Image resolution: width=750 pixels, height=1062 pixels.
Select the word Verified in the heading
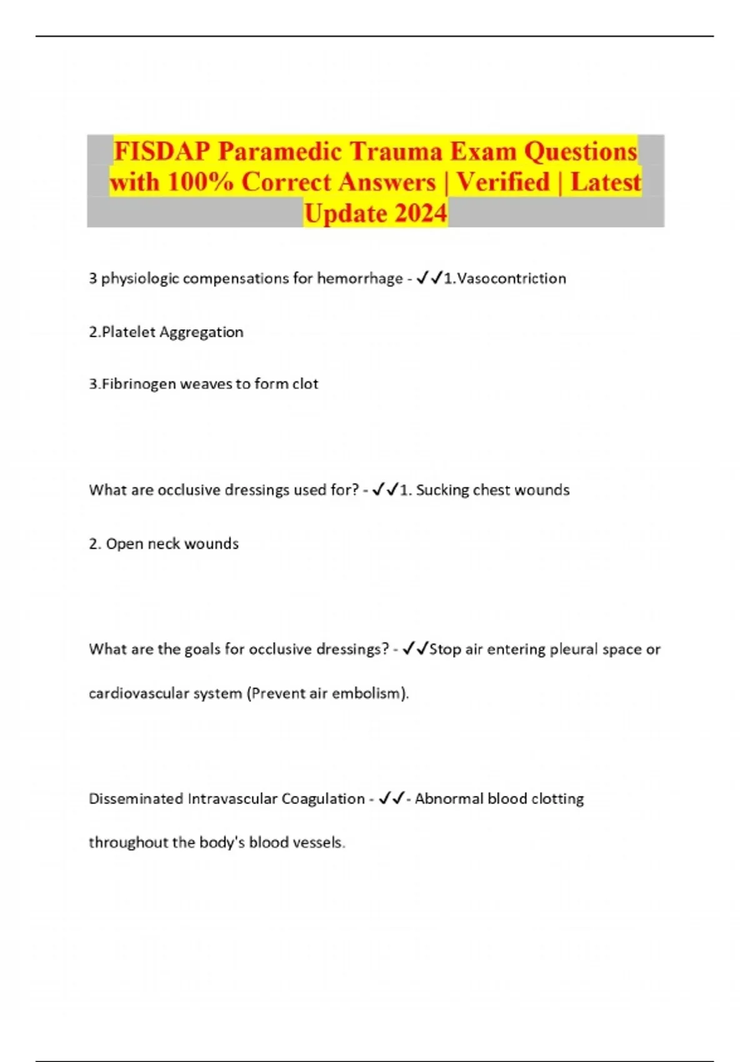(x=503, y=182)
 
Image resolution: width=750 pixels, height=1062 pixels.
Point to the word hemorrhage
(x=359, y=279)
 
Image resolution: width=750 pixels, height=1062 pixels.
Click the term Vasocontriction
(x=511, y=279)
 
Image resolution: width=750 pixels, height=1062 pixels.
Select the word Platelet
(x=129, y=332)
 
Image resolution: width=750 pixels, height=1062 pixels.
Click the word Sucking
(x=442, y=490)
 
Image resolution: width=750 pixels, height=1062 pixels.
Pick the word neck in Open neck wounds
(x=164, y=543)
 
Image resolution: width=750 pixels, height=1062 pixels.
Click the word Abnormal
(x=449, y=799)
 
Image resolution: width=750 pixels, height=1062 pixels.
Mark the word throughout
(x=128, y=843)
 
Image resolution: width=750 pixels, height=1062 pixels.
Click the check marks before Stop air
(x=416, y=650)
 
